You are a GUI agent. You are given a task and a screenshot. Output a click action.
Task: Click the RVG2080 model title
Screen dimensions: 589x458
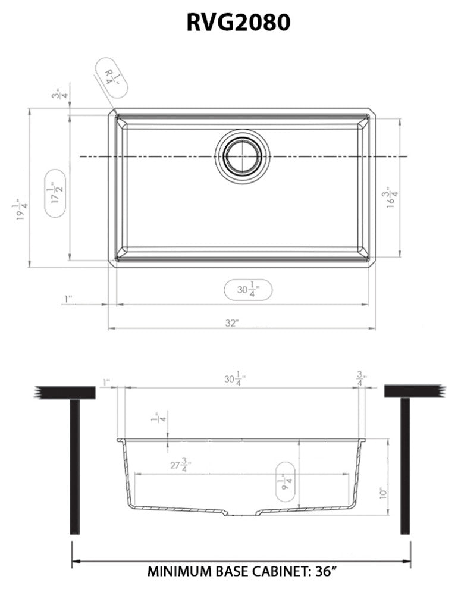pos(238,22)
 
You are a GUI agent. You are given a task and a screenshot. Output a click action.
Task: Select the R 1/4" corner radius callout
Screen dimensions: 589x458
pos(112,76)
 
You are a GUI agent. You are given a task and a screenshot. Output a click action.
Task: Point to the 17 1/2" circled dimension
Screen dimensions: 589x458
pos(57,194)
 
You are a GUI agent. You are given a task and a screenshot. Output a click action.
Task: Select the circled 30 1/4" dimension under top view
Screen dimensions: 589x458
pos(247,290)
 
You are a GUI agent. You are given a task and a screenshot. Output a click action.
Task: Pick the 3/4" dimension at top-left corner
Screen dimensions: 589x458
pos(57,95)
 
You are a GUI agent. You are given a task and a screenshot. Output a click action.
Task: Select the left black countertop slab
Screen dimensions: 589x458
pos(66,391)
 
